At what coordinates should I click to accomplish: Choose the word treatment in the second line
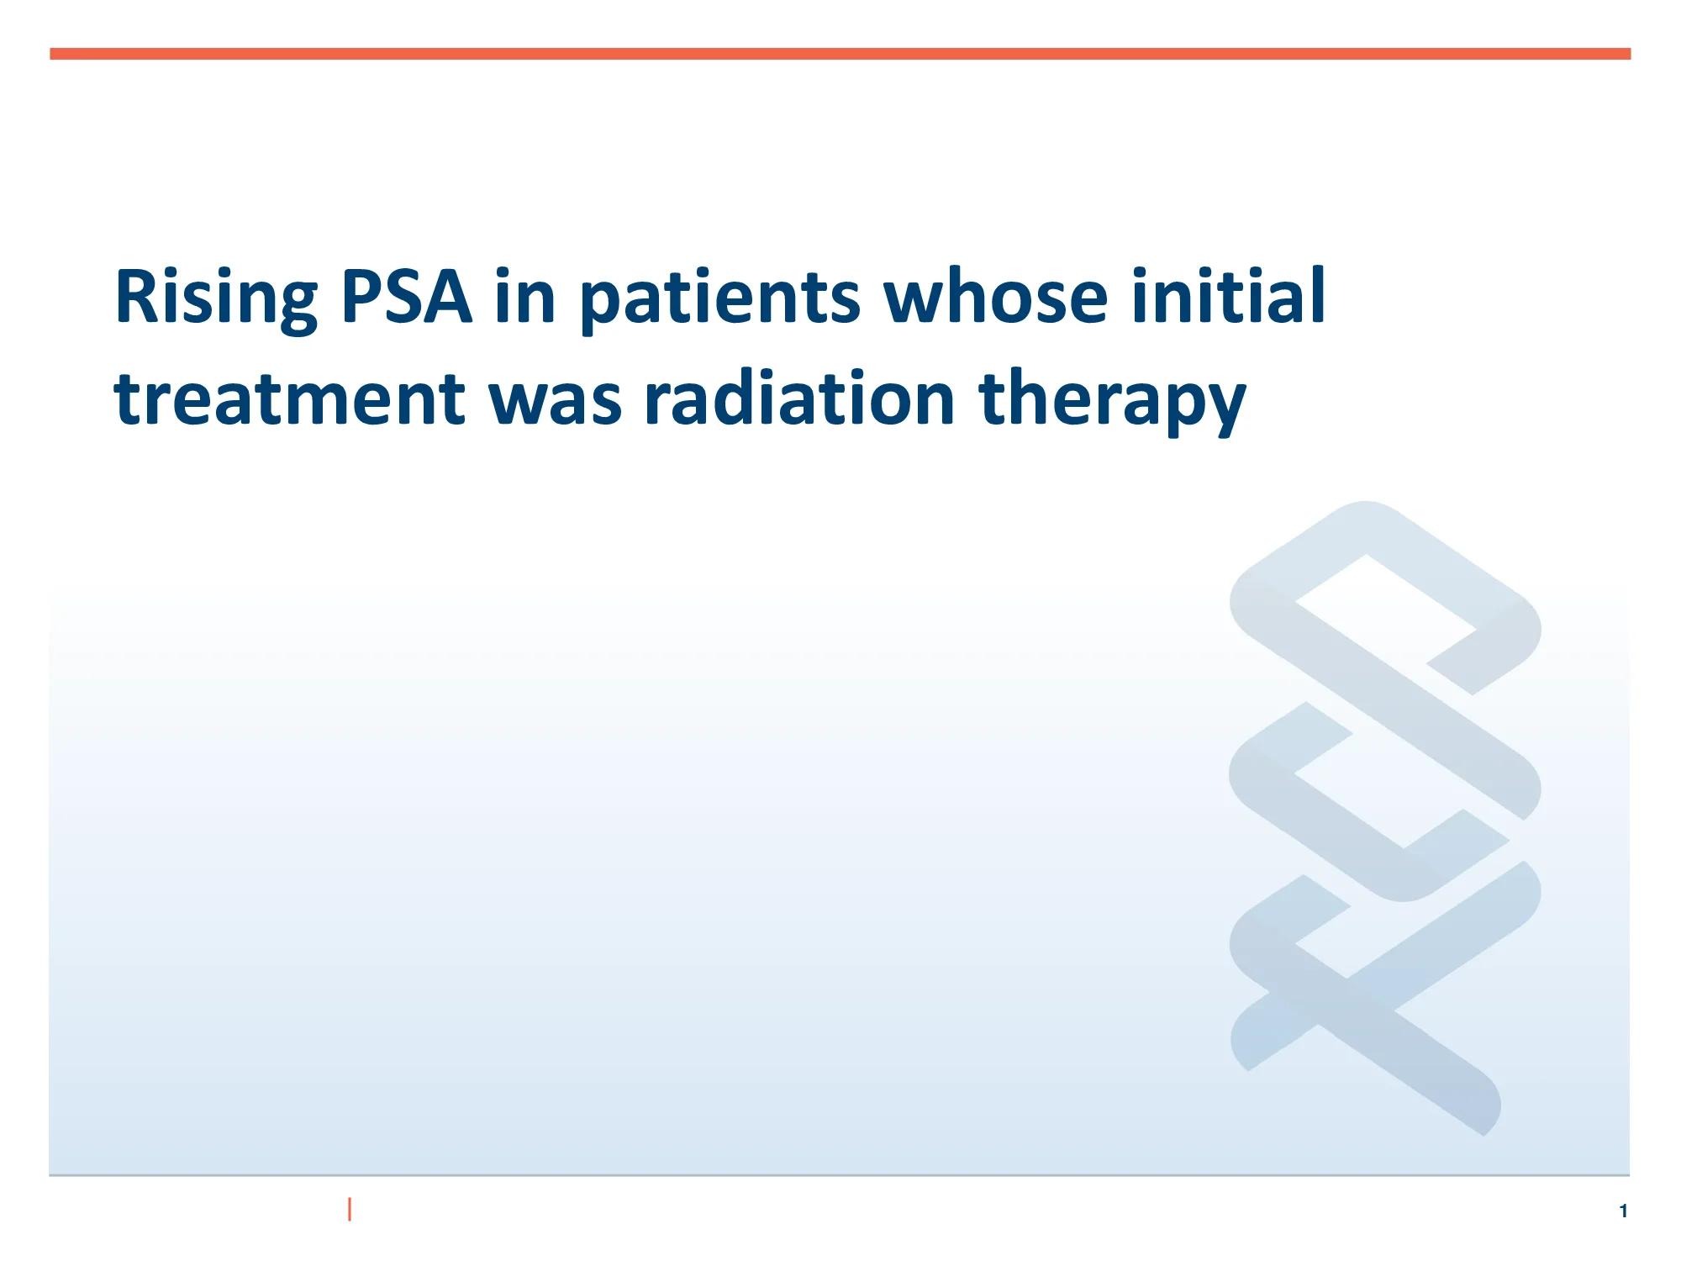(x=289, y=399)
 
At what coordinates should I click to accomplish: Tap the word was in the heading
(x=555, y=399)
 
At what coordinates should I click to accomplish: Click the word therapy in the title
(x=1111, y=399)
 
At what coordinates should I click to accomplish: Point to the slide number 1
(x=1623, y=1211)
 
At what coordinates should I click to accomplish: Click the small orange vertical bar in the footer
(x=350, y=1209)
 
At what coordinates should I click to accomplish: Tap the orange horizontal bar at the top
(x=840, y=54)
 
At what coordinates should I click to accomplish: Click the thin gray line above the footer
(x=840, y=1174)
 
